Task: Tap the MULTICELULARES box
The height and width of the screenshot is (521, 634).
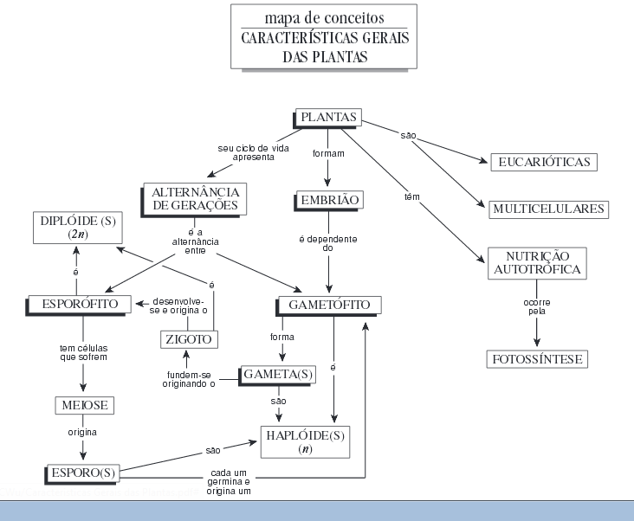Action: point(548,209)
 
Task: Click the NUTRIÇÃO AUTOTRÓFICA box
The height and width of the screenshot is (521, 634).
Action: point(537,263)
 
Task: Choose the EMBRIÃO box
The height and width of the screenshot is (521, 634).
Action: point(327,201)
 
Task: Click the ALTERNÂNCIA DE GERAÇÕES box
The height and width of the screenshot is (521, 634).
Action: point(194,199)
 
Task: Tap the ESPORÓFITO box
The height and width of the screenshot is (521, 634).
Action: point(79,304)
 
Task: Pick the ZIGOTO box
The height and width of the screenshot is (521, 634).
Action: point(188,339)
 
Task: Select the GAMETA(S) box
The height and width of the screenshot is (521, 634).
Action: point(278,374)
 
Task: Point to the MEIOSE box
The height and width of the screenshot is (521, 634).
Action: point(83,405)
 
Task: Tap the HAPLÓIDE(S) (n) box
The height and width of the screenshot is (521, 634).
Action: point(305,441)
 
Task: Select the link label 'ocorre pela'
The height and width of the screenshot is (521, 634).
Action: point(537,306)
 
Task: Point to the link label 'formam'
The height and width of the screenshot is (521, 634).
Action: point(328,153)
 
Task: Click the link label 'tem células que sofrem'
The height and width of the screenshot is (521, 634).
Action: point(82,351)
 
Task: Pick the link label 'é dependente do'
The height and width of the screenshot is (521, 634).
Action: point(328,243)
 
